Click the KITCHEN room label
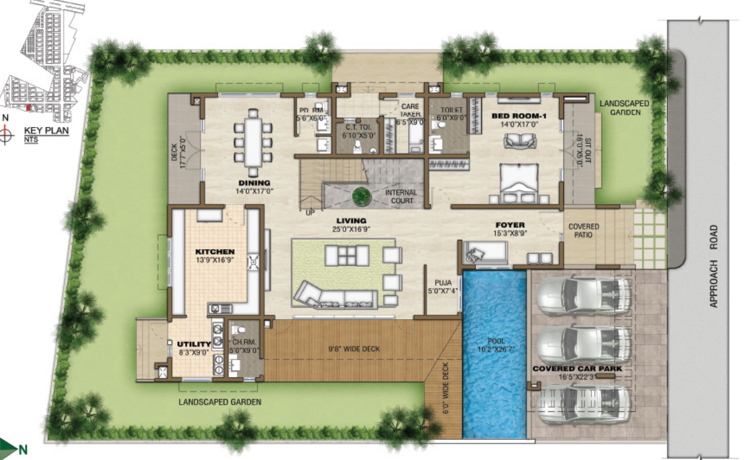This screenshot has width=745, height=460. (214, 252)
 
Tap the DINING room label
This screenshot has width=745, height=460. (254, 182)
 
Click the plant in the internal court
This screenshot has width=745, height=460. (361, 196)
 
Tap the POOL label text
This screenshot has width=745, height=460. (495, 342)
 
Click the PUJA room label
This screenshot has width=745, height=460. (443, 282)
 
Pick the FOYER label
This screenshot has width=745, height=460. (509, 225)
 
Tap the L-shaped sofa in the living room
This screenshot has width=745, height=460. (334, 296)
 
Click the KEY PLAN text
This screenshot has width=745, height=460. (46, 130)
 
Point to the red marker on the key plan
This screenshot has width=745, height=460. (28, 108)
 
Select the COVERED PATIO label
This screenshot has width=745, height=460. (583, 231)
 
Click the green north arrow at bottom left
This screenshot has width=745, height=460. (9, 450)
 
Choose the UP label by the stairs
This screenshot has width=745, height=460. (310, 213)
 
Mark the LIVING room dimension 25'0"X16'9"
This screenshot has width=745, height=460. (352, 230)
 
